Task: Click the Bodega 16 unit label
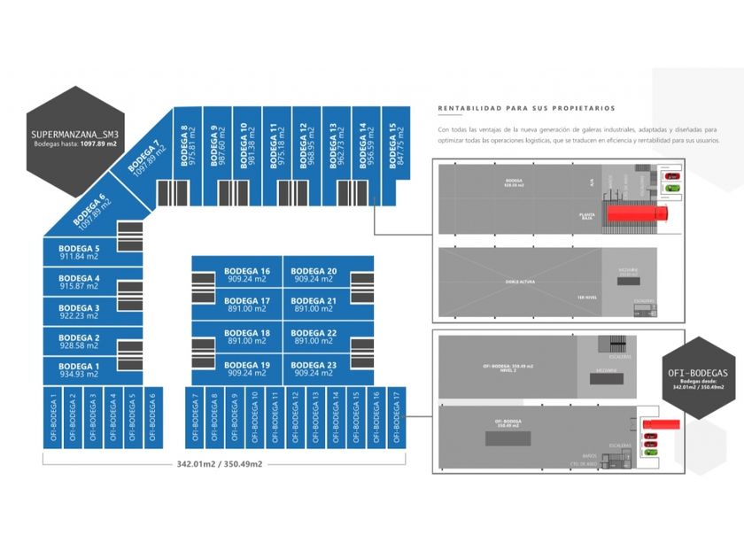[x=247, y=271]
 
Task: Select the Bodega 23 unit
[x=314, y=369]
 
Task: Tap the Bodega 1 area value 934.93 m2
[x=79, y=375]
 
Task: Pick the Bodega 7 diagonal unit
[x=147, y=159]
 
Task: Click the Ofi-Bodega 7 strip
[x=194, y=415]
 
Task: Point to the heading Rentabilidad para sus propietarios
[x=526, y=109]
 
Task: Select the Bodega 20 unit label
[x=314, y=271]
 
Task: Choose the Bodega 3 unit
[x=79, y=312]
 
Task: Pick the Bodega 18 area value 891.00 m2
[x=247, y=341]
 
